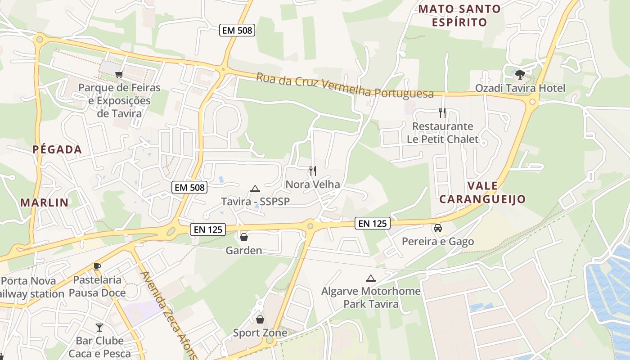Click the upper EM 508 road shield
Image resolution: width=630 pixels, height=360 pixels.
coord(237,31)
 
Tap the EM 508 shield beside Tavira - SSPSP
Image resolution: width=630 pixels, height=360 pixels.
coord(189,187)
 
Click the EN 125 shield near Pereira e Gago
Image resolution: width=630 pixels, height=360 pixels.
coord(372,223)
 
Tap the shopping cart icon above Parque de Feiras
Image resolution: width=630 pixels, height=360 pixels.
coord(119,74)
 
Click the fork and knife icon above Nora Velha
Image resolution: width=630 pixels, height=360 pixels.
coord(313,171)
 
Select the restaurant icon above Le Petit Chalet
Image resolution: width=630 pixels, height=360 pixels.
coord(442,112)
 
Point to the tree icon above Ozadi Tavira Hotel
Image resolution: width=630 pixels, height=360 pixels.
coord(520,74)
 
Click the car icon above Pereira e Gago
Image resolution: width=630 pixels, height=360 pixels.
coord(437,228)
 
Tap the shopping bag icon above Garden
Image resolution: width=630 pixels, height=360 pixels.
coord(243,237)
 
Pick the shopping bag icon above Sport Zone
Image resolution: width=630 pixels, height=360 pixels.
coord(260,319)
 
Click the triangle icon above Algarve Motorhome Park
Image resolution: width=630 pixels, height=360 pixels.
coord(370,278)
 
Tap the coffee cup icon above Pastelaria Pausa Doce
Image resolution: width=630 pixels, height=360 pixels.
coord(97,266)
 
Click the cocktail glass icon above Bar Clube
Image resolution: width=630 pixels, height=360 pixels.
coord(99,327)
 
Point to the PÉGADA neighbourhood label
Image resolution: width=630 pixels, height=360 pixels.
coord(57,150)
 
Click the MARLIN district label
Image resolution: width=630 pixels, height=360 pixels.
coord(45,202)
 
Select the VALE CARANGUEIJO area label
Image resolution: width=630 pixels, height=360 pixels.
coord(482,192)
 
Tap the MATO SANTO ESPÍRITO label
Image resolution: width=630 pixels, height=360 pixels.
coord(459,15)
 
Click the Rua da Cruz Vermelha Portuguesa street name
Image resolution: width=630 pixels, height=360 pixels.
coord(345,85)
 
